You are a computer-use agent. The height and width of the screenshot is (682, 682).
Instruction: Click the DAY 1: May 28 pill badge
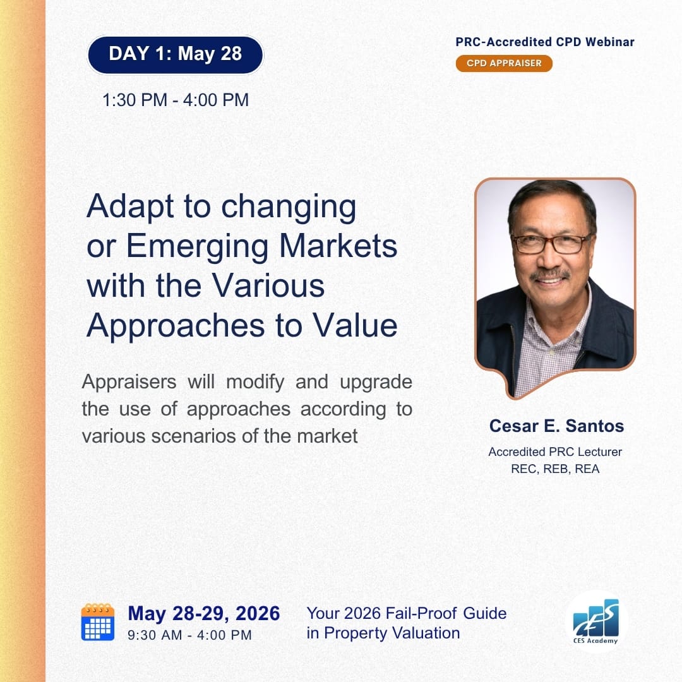176,55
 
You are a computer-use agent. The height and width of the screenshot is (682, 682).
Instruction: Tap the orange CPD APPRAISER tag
504,63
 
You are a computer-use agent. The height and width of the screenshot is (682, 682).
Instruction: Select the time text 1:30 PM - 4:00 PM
176,100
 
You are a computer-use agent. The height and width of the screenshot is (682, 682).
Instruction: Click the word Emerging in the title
197,247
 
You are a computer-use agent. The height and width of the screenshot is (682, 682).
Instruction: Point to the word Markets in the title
338,246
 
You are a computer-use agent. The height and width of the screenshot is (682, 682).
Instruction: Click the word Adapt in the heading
131,207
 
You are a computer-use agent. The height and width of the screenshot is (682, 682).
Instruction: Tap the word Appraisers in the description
129,382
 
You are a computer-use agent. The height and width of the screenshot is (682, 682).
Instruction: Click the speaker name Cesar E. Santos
556,426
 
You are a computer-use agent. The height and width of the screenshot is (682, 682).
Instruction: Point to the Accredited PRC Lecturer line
555,452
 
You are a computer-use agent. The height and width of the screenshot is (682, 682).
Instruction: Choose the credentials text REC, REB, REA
555,469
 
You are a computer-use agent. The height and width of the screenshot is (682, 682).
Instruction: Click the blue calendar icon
98,622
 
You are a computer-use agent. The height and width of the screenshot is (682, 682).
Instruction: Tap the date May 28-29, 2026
203,614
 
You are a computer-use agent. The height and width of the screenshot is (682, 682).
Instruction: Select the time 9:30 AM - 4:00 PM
189,635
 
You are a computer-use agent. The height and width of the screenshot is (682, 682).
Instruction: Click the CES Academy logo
595,621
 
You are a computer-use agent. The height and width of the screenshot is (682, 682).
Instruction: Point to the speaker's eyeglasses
551,243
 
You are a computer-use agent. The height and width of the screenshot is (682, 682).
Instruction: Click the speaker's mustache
550,275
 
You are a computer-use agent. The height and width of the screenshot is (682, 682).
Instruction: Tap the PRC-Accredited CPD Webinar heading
545,42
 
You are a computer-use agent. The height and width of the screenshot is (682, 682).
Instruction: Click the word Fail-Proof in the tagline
421,613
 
